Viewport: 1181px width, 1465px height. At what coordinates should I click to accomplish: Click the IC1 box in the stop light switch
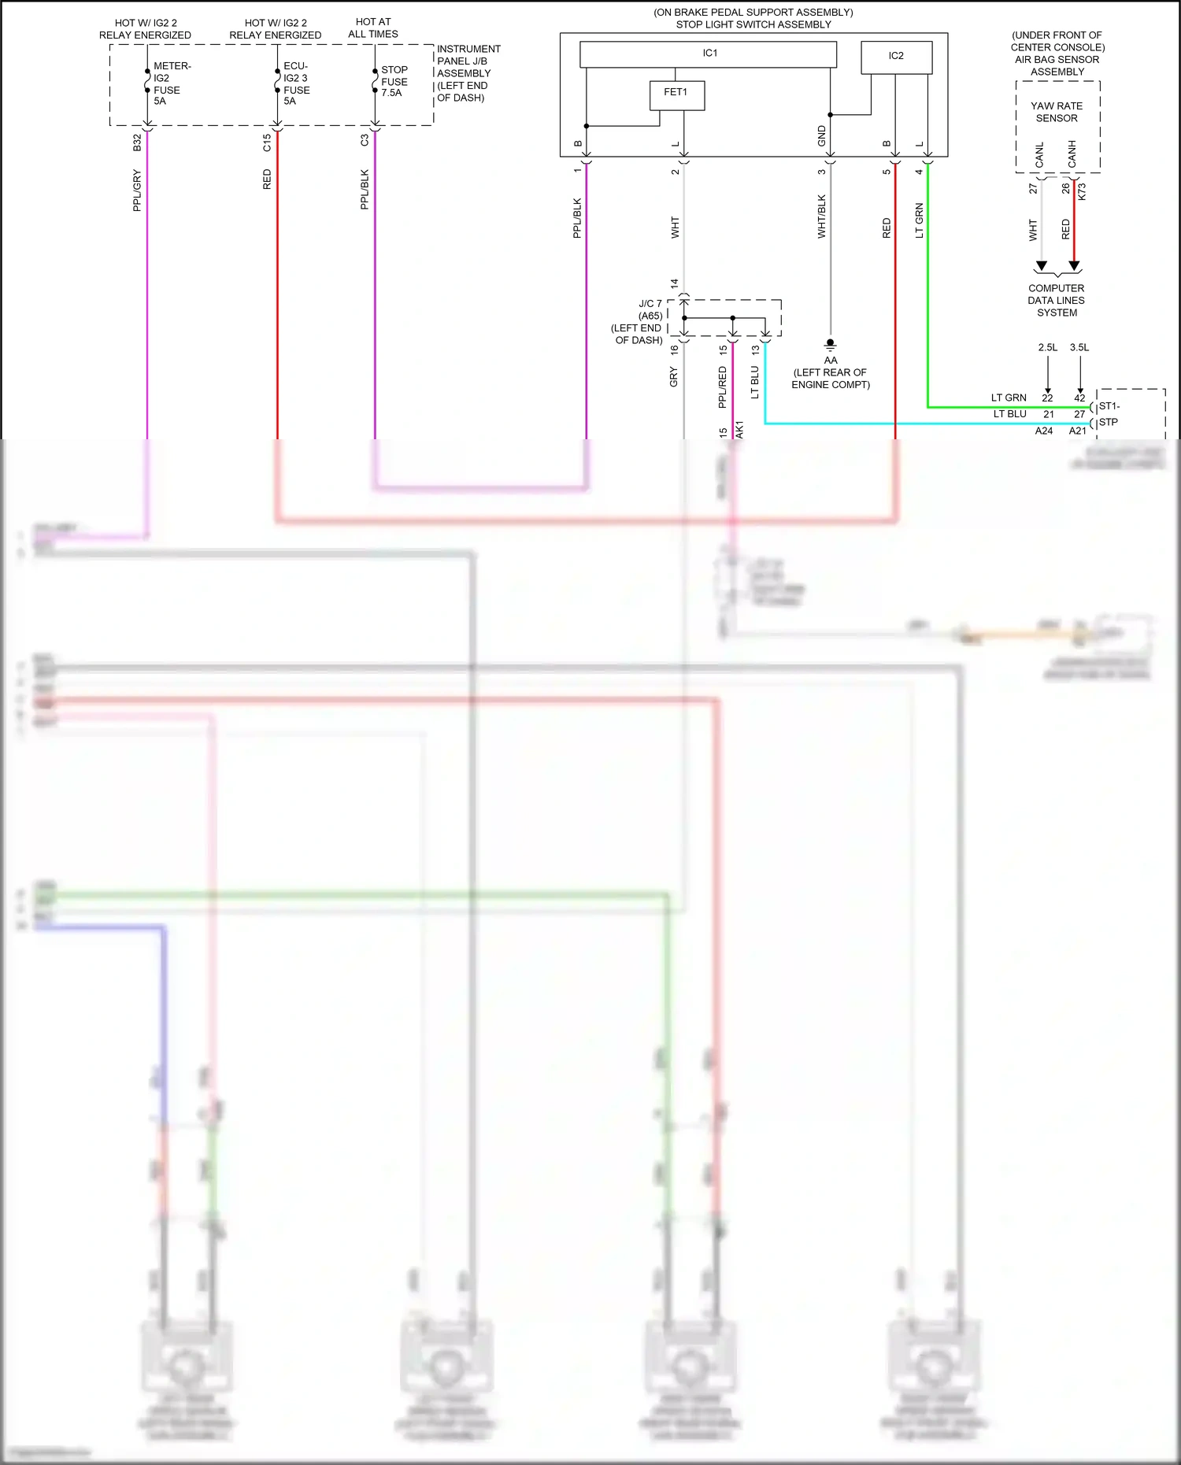click(x=708, y=54)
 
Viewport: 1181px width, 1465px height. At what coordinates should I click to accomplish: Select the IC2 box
click(x=896, y=57)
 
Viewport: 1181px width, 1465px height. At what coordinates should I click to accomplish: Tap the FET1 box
click(x=676, y=94)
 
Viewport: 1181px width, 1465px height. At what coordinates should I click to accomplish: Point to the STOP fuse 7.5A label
click(x=394, y=81)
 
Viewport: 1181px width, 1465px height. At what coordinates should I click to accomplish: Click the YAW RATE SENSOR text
click(x=1057, y=112)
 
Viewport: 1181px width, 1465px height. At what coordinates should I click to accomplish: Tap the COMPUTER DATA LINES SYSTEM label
click(x=1057, y=300)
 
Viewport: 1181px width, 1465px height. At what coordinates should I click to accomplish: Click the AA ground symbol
click(x=830, y=344)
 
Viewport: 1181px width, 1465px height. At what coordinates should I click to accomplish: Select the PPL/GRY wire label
click(x=137, y=190)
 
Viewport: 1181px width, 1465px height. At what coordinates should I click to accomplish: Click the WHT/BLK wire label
click(x=822, y=216)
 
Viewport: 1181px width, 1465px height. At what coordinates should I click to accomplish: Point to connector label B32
click(x=137, y=142)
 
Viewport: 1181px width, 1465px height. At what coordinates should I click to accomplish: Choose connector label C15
click(x=267, y=142)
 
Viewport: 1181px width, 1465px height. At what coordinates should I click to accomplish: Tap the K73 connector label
click(x=1082, y=191)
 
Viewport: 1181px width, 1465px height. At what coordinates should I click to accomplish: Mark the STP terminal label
click(x=1109, y=422)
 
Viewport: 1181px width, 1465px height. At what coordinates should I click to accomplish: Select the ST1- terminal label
click(x=1109, y=406)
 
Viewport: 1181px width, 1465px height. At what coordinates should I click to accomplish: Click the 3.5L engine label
click(x=1079, y=347)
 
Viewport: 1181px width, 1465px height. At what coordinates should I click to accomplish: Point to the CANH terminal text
click(x=1072, y=154)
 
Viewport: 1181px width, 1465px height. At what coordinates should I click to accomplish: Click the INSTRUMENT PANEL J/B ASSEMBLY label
click(x=468, y=73)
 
